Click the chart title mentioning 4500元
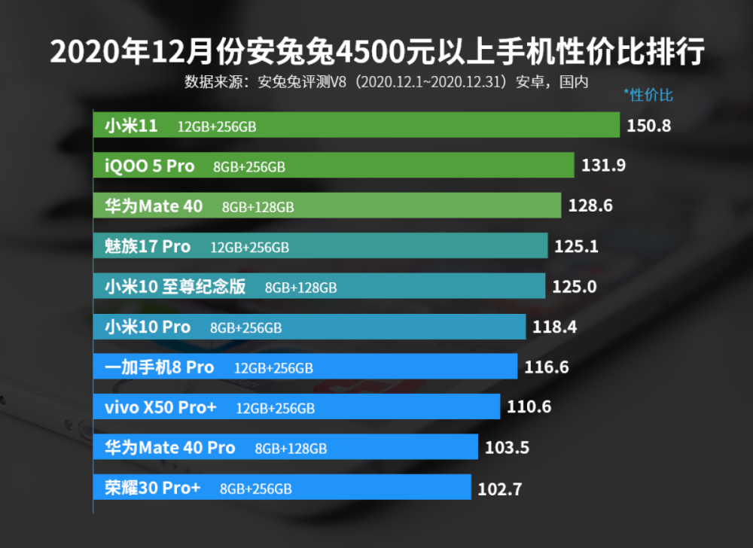376,53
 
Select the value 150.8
648,126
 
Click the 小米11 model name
131,126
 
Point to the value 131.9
603,166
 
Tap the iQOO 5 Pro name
149,166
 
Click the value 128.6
590,206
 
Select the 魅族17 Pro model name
148,246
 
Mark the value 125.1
576,246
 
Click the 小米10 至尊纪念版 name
175,287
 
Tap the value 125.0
574,287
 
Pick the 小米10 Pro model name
148,327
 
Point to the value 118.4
554,327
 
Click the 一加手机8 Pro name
160,367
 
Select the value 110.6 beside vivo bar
529,407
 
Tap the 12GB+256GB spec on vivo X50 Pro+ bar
275,408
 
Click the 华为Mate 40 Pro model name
170,448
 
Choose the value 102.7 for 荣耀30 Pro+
500,489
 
